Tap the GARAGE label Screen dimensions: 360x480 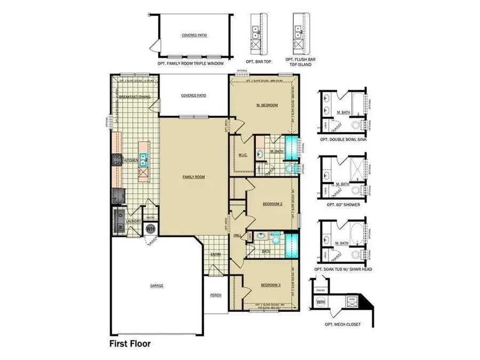click(x=157, y=285)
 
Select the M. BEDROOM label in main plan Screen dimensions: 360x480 click(x=267, y=105)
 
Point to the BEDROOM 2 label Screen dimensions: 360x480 click(x=272, y=204)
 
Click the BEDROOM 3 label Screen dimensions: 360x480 click(x=270, y=285)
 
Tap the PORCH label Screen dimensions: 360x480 click(x=215, y=295)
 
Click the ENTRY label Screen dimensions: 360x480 click(x=215, y=254)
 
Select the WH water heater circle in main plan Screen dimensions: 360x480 click(x=150, y=228)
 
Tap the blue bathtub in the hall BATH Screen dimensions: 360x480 click(x=291, y=244)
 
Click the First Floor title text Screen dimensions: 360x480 click(x=130, y=343)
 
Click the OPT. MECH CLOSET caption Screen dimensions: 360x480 click(x=343, y=324)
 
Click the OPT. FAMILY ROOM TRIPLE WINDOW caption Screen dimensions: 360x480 click(x=190, y=63)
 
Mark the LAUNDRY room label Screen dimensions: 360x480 click(x=133, y=220)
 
